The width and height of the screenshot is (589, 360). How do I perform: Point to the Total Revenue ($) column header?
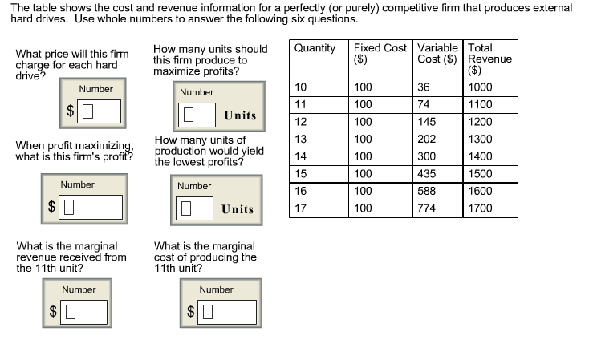click(x=490, y=59)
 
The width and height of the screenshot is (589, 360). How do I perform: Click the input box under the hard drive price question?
click(x=100, y=111)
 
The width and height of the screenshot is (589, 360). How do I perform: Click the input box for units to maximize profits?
click(x=197, y=115)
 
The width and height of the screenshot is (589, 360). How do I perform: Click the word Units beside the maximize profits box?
click(x=240, y=115)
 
